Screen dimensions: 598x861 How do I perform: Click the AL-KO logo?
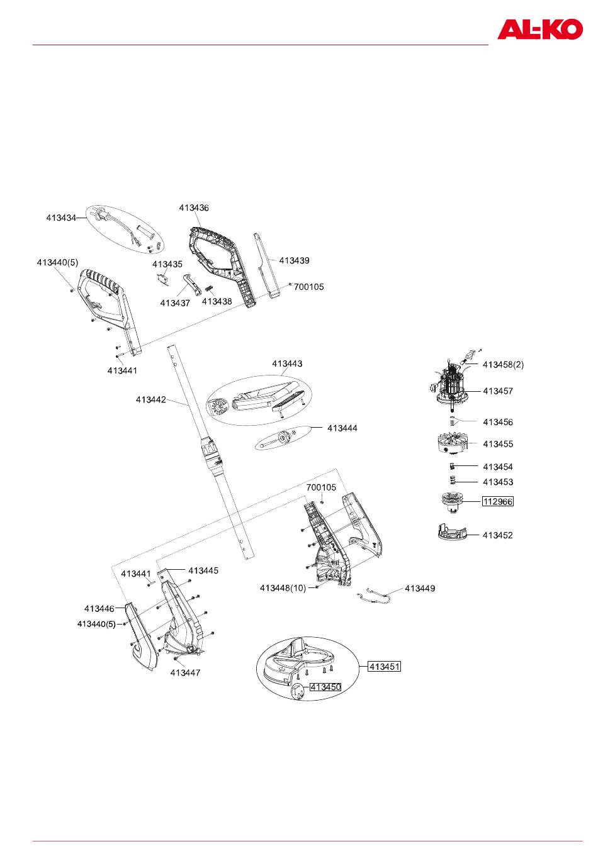click(539, 29)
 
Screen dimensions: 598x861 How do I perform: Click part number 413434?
click(61, 218)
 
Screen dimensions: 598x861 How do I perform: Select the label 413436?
click(193, 208)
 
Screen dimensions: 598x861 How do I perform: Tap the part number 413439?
click(294, 260)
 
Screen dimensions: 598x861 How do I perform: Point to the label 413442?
click(151, 399)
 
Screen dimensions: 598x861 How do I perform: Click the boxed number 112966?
click(497, 501)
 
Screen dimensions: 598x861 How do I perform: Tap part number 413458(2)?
click(503, 364)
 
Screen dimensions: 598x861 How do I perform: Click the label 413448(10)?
click(283, 587)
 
